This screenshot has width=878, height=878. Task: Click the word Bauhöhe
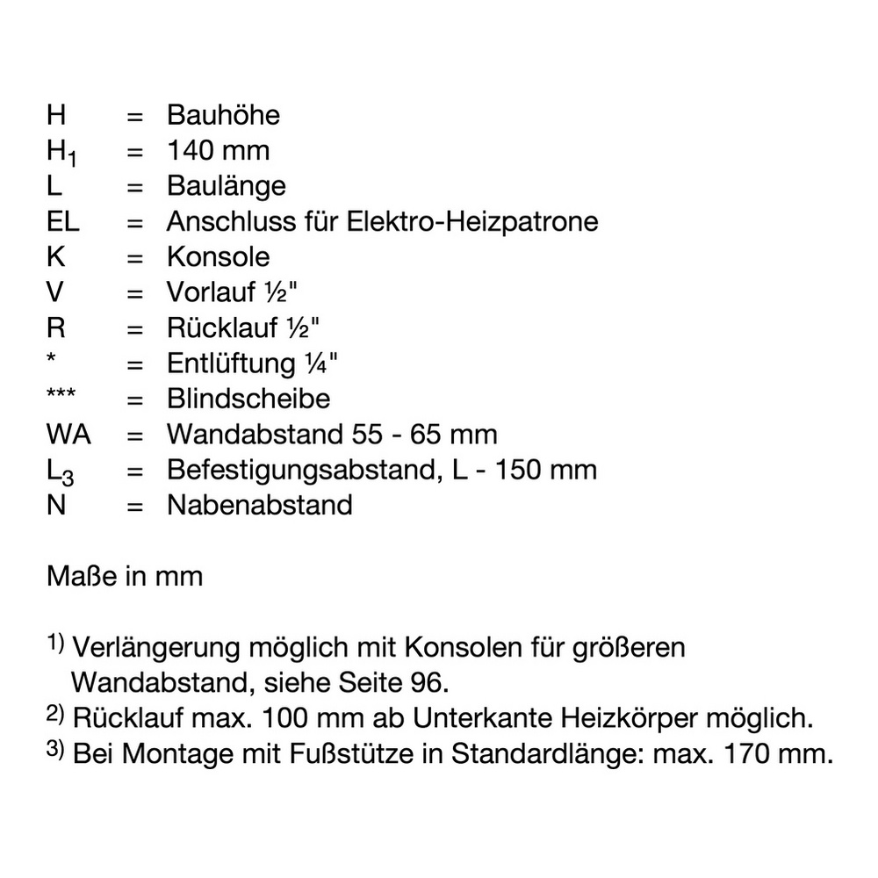click(223, 115)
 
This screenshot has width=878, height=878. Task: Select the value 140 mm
click(218, 150)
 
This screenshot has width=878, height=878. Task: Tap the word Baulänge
click(226, 186)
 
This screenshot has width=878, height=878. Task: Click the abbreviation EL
click(62, 221)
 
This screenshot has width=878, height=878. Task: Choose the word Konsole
click(218, 257)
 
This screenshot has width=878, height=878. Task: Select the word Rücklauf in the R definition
click(220, 328)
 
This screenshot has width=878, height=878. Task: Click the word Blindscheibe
click(248, 399)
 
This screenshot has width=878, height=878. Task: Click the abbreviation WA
click(68, 434)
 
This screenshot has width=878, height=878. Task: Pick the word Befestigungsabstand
click(297, 470)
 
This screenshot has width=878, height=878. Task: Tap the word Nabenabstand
click(259, 505)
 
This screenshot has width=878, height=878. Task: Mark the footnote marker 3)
click(56, 751)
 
